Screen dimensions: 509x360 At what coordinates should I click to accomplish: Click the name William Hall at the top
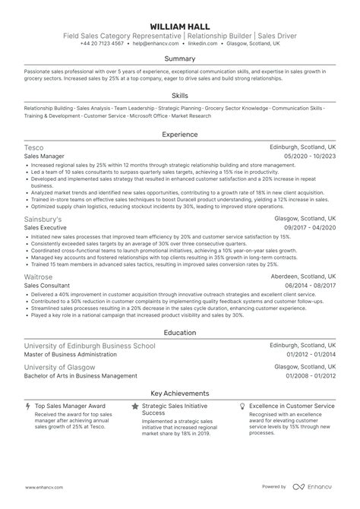coord(180,24)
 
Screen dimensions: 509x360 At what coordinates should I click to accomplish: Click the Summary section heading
coord(180,58)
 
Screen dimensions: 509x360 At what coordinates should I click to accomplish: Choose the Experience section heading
coord(180,134)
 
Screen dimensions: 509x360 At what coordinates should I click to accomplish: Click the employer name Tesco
coord(34,147)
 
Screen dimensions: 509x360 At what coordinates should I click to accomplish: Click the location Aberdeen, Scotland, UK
coord(302,277)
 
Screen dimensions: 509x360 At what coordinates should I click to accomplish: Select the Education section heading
coord(180,333)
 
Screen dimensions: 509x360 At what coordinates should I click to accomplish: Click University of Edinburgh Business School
coord(90,346)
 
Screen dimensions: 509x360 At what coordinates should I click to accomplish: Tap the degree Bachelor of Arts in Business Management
coord(81,375)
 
